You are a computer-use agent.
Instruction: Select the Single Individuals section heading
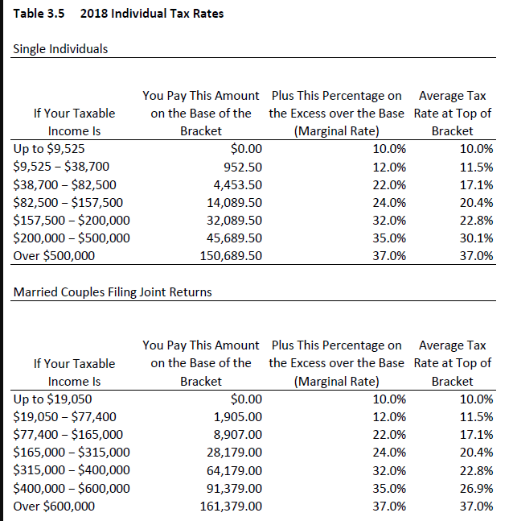tap(61, 49)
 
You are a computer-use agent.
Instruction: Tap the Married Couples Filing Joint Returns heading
tap(113, 292)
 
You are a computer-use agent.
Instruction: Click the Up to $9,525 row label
tap(50, 149)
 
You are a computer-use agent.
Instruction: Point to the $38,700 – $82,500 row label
tap(66, 184)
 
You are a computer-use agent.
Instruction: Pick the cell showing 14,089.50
tap(235, 202)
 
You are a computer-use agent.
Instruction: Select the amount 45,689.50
tap(235, 238)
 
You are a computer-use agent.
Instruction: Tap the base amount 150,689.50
tap(231, 255)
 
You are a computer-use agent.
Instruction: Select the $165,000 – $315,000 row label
tap(72, 453)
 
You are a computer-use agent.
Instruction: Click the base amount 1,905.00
tap(238, 417)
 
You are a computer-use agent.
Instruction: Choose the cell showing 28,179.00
tap(235, 453)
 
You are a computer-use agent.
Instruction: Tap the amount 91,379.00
tap(235, 488)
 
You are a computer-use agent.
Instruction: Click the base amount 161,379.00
tap(231, 506)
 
